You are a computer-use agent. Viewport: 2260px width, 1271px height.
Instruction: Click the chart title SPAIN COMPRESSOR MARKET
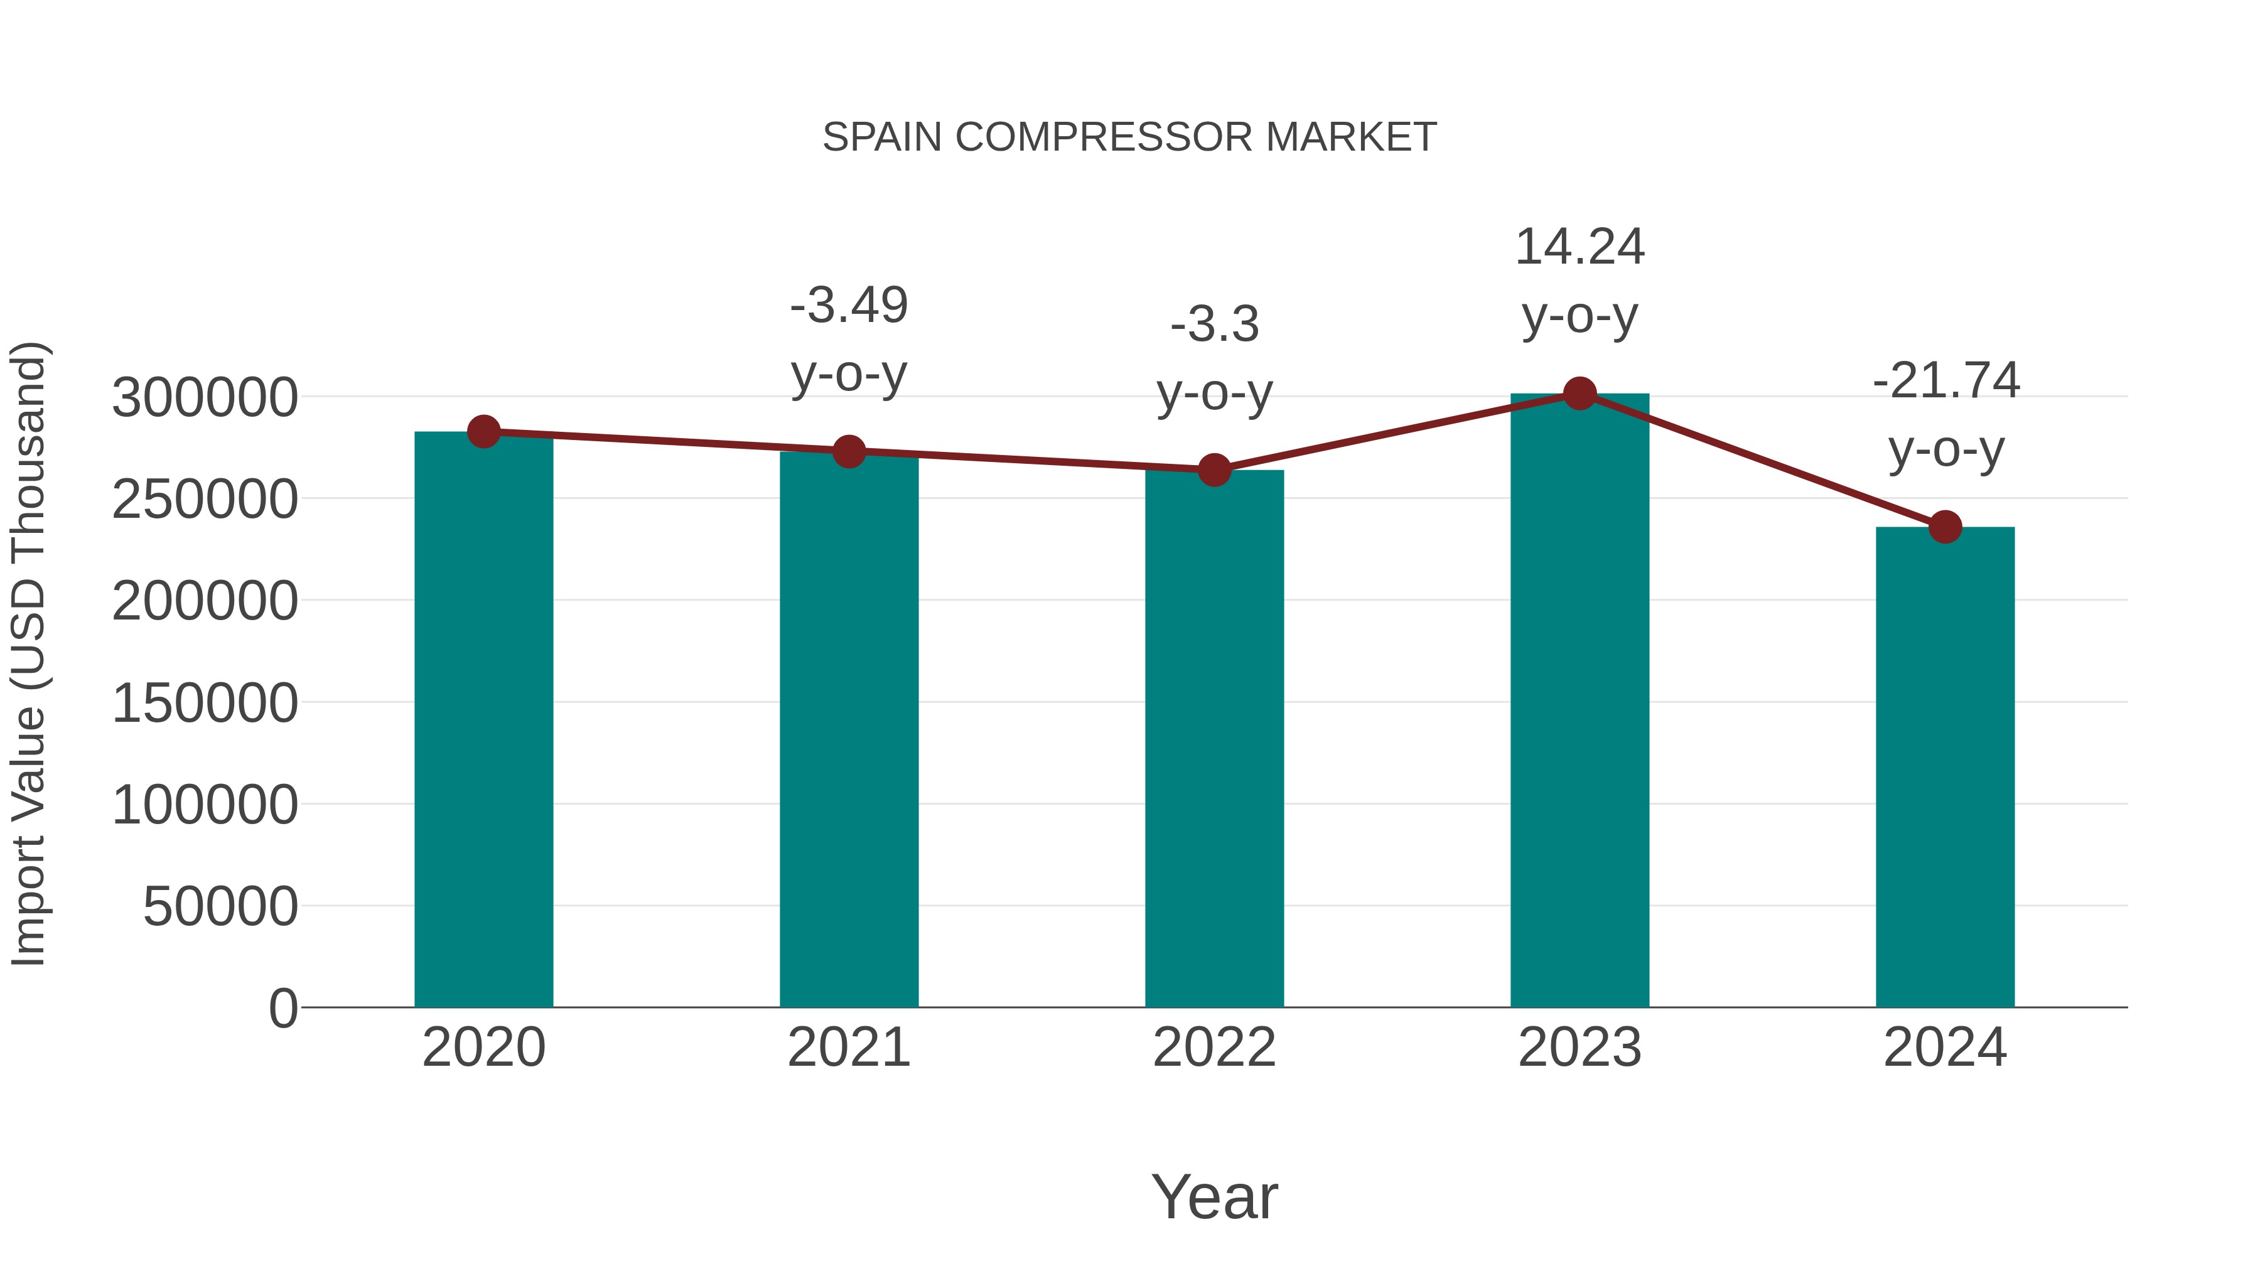[x=1129, y=137]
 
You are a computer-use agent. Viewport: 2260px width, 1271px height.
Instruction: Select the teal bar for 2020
[x=483, y=719]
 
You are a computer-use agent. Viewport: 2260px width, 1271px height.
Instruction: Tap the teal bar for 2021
[x=848, y=728]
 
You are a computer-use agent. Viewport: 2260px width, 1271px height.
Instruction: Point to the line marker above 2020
[x=483, y=432]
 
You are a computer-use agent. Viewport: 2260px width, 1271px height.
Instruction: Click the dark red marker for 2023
[x=1579, y=394]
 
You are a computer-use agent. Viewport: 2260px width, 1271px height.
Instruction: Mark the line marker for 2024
[x=1945, y=527]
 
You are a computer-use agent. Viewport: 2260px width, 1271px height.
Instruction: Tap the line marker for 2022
[x=1214, y=470]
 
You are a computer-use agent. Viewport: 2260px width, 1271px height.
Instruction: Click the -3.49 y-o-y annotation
[x=848, y=340]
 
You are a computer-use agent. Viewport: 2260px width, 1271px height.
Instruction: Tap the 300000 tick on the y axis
[x=205, y=398]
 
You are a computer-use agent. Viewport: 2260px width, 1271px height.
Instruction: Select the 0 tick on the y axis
[x=282, y=1009]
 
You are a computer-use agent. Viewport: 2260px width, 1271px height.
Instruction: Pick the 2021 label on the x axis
[x=848, y=1048]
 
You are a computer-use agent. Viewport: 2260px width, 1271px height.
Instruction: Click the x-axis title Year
[x=1214, y=1196]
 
